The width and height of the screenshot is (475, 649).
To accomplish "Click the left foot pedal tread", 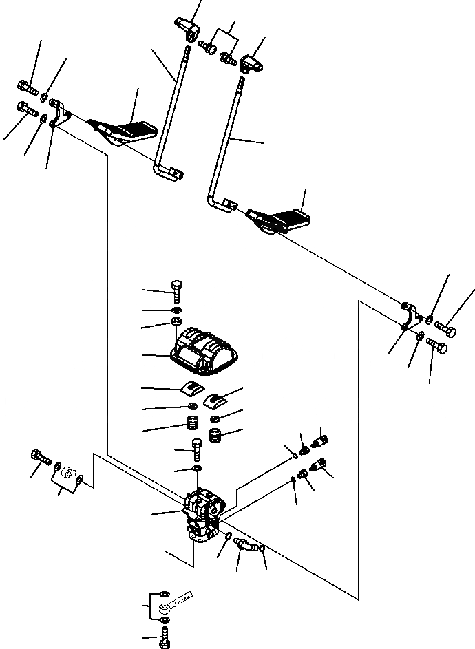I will [x=134, y=129].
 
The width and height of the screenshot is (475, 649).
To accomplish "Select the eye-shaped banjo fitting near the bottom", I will [x=172, y=606].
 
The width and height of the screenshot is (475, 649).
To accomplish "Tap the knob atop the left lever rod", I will [x=187, y=28].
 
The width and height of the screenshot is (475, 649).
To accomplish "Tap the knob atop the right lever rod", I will [x=253, y=64].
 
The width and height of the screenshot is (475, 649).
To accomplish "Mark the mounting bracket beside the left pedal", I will [x=59, y=113].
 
